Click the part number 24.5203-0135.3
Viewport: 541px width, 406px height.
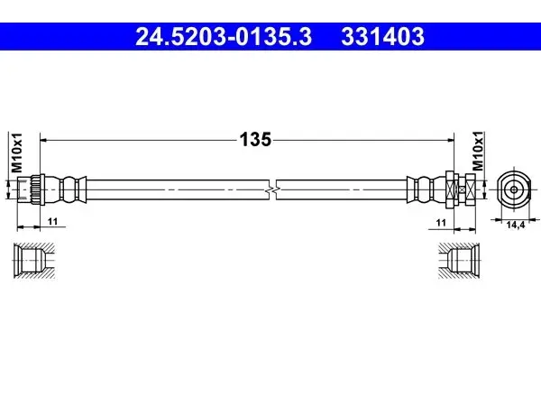point(224,37)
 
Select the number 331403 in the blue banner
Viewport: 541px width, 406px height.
point(382,37)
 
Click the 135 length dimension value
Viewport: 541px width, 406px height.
point(255,140)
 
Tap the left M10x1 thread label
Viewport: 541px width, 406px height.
point(16,152)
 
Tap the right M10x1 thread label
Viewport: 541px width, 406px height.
point(478,152)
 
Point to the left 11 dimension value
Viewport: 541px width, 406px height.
point(52,221)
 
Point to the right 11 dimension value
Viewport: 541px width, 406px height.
point(441,223)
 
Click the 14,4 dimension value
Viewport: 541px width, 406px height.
point(516,225)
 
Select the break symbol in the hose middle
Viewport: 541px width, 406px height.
point(272,189)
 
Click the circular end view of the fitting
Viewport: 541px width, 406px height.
point(514,189)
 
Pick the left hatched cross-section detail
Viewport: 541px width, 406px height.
point(34,260)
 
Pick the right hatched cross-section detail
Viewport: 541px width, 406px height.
point(459,261)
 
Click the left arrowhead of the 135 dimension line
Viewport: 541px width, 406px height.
point(44,140)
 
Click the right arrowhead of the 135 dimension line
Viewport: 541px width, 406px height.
point(450,140)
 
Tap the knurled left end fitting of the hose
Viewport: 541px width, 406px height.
point(31,189)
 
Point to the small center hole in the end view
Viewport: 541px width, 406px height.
point(514,189)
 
